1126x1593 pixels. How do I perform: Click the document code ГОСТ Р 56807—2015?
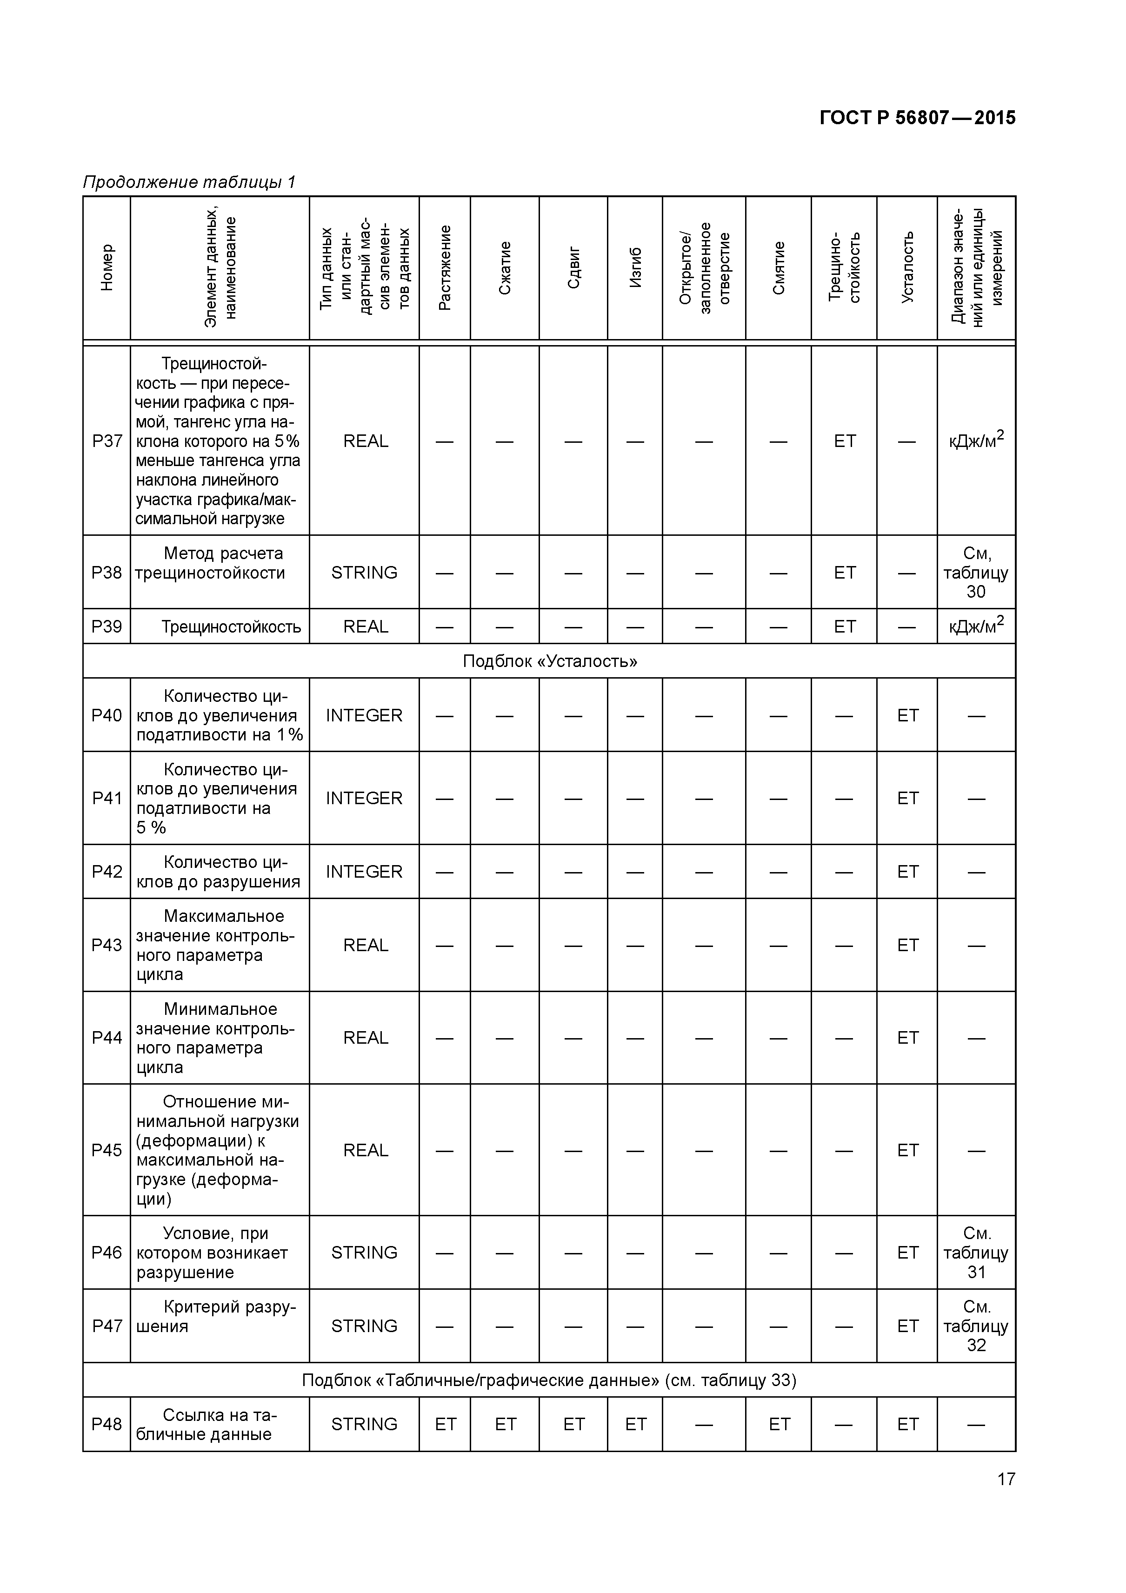(x=917, y=118)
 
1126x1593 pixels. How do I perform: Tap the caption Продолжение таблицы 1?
(x=189, y=182)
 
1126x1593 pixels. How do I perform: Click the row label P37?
(x=107, y=441)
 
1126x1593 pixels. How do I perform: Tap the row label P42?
(x=107, y=872)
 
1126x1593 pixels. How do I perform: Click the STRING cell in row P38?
(x=364, y=573)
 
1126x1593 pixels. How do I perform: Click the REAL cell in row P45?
(x=366, y=1150)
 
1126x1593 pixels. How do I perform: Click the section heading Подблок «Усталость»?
(x=549, y=661)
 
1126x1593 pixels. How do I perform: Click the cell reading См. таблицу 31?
(x=976, y=1253)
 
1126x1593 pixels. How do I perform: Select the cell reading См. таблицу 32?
(x=976, y=1326)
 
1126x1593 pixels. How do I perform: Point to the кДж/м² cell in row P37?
(x=976, y=441)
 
